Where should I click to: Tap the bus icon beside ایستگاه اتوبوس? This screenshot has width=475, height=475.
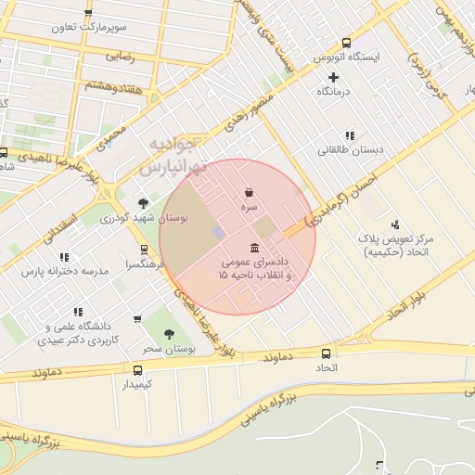pos(347,43)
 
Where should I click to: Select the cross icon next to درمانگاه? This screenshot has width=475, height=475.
pos(334,77)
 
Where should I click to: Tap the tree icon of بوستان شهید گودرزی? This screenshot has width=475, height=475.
pos(143,202)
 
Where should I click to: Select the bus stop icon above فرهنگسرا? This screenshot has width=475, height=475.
pos(143,250)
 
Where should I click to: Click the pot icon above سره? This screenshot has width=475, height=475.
pos(249,193)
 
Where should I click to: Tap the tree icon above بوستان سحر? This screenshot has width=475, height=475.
pos(169,333)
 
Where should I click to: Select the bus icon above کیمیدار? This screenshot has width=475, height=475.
pos(138,369)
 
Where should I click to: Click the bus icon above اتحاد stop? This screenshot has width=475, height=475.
pos(326,353)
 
